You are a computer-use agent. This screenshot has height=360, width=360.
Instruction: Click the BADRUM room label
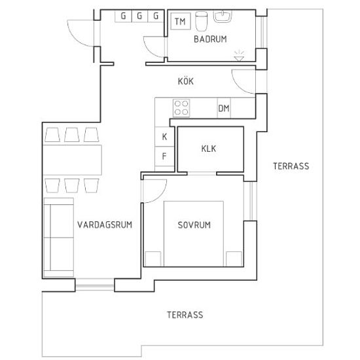pos(210,39)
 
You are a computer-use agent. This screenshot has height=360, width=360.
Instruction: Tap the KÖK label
pos(186,81)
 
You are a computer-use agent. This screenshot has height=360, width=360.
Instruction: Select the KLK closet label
pos(209,149)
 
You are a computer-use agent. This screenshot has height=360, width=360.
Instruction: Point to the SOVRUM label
pos(194,225)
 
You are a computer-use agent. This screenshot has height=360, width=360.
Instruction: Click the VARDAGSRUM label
pos(105,225)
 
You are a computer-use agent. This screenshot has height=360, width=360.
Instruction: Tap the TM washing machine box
pos(181,21)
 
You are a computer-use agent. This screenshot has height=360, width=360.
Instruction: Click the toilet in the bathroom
pos(202,21)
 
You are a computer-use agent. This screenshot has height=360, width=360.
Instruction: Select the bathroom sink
pos(223,16)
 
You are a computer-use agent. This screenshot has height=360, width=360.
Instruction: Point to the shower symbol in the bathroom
pos(239,56)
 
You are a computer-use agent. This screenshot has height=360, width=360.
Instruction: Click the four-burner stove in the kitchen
pos(181,108)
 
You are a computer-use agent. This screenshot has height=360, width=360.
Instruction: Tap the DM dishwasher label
pos(224,108)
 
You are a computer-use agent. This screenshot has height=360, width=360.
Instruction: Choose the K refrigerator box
pos(164,137)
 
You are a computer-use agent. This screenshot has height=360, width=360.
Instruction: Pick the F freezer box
pos(164,156)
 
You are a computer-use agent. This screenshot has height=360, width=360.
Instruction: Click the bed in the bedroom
pos(194,234)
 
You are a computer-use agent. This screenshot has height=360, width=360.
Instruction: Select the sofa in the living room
pos(59,237)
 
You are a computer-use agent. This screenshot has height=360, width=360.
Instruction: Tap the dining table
pos(72,160)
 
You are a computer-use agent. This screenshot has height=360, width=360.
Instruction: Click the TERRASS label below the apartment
pos(185,315)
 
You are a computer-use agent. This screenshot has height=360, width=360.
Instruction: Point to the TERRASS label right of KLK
pos(291,166)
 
